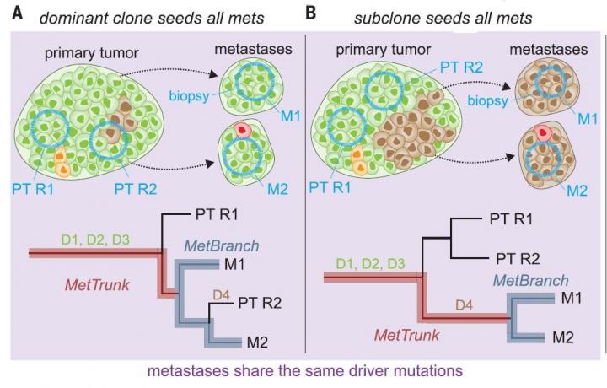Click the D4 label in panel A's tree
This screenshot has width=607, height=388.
[218, 294]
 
